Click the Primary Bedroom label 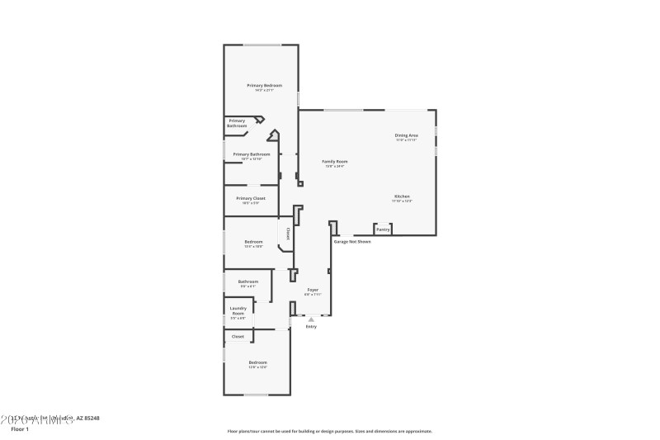264,85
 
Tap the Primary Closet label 251,198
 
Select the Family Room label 334,161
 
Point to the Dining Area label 406,135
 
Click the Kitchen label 402,196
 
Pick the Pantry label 383,229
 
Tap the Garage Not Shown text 352,242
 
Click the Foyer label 313,290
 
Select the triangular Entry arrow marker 311,319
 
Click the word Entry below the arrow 311,327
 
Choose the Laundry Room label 238,310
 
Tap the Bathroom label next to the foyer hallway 248,282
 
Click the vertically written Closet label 288,234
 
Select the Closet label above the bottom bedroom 238,337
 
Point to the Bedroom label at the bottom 258,362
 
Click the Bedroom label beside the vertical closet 253,241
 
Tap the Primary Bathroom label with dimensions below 252,154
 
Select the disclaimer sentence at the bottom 329,431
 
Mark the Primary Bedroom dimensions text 264,90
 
